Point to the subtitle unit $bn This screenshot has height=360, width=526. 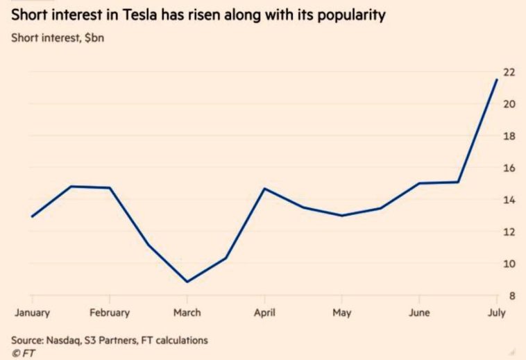pyautogui.click(x=91, y=37)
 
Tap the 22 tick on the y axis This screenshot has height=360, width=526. pyautogui.click(x=509, y=73)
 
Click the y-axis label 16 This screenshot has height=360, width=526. pyautogui.click(x=509, y=169)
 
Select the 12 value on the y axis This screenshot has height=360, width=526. pyautogui.click(x=509, y=232)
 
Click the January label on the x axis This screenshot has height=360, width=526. pyautogui.click(x=32, y=313)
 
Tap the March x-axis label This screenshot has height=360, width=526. pyautogui.click(x=187, y=313)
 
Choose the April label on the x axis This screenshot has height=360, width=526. pyautogui.click(x=264, y=313)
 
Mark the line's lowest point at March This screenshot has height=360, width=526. pyautogui.click(x=187, y=282)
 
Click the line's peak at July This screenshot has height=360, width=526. pyautogui.click(x=497, y=79)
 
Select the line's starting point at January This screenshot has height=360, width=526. pyautogui.click(x=32, y=216)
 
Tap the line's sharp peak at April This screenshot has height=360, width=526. pyautogui.click(x=264, y=189)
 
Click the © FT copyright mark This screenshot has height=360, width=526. pyautogui.click(x=23, y=353)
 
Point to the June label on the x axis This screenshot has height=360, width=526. pyautogui.click(x=419, y=313)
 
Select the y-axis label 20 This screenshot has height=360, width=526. pyautogui.click(x=509, y=105)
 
